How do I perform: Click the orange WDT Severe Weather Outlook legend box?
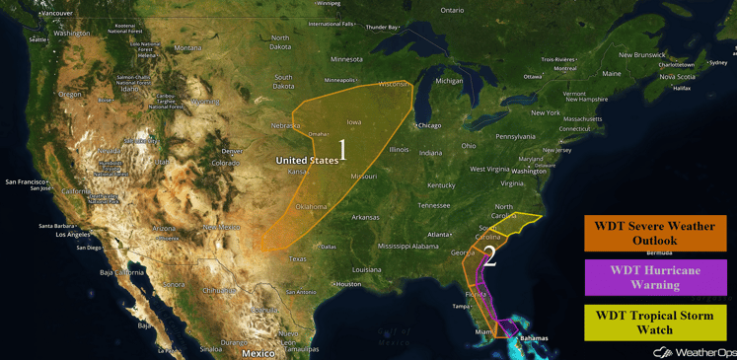655,234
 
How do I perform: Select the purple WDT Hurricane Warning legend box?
655,277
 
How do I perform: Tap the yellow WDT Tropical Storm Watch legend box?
655,323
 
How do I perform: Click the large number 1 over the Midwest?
343,150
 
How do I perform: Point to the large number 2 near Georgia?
489,256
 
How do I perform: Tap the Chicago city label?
429,125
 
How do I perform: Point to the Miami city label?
483,331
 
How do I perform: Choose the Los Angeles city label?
74,235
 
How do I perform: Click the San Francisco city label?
27,181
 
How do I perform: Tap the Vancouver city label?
56,13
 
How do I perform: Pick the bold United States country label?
307,160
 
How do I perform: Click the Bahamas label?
534,338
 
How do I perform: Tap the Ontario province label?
452,10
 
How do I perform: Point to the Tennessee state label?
433,205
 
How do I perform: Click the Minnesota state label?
346,59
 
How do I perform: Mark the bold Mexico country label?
258,352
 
